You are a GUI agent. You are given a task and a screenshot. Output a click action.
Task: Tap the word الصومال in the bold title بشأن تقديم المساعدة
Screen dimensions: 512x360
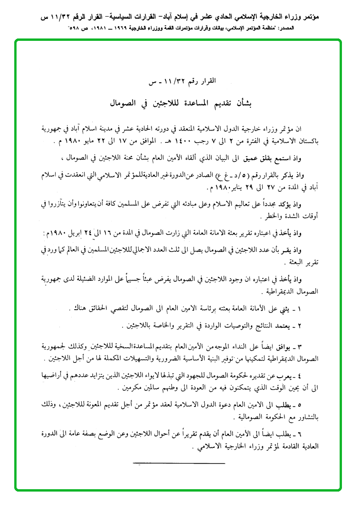(x=124, y=102)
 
